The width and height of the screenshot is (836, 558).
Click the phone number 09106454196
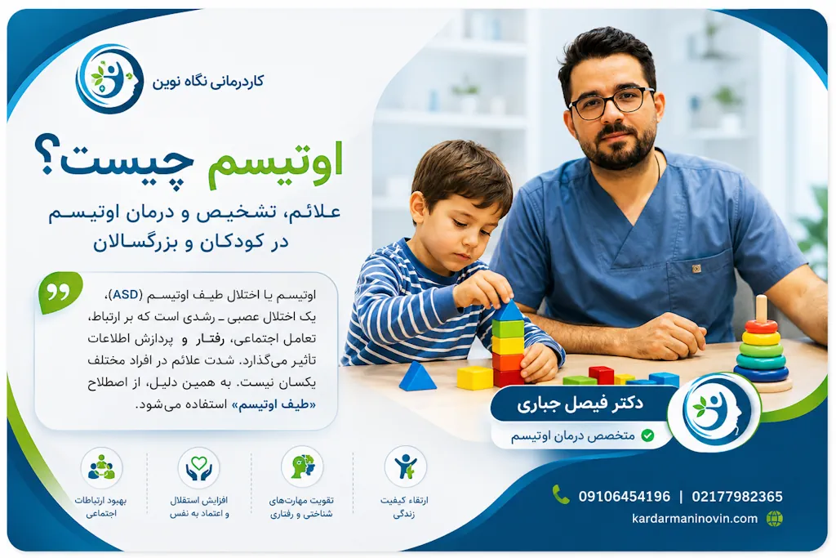click(625, 497)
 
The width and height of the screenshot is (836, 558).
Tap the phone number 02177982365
click(737, 497)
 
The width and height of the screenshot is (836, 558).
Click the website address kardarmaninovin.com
click(695, 519)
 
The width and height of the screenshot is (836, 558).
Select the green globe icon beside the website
click(775, 519)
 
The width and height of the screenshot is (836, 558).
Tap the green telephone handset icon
click(560, 494)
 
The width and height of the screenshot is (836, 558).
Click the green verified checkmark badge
click(647, 435)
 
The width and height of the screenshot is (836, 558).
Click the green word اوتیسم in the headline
click(274, 163)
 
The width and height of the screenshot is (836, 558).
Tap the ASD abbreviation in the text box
click(126, 295)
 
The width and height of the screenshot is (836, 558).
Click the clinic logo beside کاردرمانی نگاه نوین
click(109, 79)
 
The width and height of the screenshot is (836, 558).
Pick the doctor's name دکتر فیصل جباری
click(580, 404)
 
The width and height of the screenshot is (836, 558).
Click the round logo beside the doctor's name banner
click(714, 412)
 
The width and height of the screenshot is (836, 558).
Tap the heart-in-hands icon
click(199, 467)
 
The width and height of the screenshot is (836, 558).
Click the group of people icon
click(101, 467)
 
